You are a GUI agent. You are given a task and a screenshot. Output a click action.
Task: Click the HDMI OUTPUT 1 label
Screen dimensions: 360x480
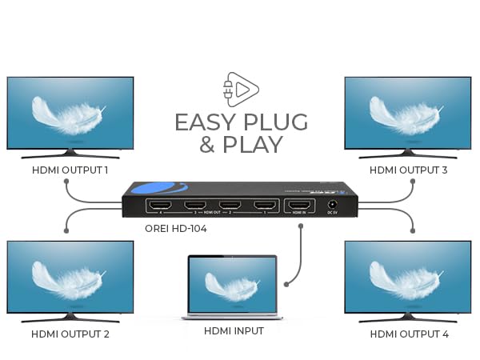pos(70,170)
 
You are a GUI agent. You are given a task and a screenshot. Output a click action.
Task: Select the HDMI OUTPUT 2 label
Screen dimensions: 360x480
pos(70,334)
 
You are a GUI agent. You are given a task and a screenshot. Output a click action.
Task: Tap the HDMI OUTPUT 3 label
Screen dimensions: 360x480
pos(408,170)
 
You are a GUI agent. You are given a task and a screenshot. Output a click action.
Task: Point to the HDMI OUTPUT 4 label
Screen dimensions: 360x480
pos(408,334)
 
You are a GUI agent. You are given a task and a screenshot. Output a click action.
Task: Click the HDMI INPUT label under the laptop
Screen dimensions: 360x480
pos(234,330)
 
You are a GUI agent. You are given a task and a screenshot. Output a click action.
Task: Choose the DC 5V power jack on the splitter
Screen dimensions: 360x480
pos(332,206)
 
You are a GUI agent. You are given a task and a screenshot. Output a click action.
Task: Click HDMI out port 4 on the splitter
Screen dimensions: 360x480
pos(160,206)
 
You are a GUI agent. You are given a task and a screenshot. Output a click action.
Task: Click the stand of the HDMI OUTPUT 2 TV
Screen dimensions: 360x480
pos(70,317)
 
